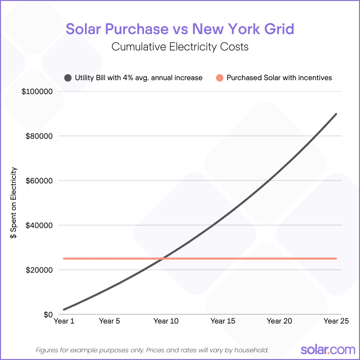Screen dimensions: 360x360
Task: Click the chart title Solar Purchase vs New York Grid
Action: click(180, 29)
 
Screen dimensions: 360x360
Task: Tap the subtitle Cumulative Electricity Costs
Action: click(180, 47)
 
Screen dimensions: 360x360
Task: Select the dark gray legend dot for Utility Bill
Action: click(68, 78)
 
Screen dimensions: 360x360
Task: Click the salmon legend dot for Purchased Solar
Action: click(219, 78)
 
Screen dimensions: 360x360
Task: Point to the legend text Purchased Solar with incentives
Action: click(279, 78)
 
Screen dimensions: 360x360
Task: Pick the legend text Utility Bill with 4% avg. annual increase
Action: click(139, 78)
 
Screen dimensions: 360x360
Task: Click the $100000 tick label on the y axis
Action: click(37, 91)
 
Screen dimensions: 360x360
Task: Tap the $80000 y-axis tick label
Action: click(39, 136)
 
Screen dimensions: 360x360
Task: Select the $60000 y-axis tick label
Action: click(39, 180)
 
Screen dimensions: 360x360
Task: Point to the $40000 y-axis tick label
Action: click(39, 225)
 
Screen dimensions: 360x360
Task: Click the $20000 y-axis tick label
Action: click(39, 270)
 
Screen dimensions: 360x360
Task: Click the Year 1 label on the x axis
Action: click(64, 321)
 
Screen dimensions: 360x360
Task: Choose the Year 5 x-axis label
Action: click(109, 321)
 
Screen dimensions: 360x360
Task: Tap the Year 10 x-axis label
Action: click(166, 321)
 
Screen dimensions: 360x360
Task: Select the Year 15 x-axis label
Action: click(223, 321)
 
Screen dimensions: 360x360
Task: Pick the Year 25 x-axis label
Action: click(336, 321)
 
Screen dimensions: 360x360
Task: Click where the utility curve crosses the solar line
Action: click(163, 259)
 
